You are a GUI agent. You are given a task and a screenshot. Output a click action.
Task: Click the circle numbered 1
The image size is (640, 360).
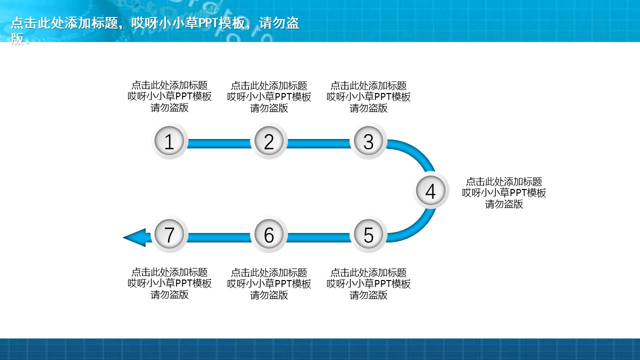169,141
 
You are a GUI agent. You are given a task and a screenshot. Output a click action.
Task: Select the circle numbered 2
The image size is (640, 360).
269,141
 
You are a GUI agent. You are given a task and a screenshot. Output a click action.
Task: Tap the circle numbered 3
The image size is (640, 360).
368,141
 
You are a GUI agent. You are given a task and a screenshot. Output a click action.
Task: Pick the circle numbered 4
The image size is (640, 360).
430,190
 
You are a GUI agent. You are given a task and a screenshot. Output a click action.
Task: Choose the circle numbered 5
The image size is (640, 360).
368,234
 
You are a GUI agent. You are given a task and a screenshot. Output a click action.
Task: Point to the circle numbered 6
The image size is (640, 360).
269,234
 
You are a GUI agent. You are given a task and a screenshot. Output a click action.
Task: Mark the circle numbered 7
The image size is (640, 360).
169,234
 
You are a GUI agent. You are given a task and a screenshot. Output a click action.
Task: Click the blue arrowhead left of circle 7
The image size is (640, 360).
134,237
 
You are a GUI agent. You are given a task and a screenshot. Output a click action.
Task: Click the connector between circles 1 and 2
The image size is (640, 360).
219,143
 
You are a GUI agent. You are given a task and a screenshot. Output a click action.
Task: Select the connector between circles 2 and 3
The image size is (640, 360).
318,143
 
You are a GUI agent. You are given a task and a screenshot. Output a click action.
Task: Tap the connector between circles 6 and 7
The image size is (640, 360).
219,237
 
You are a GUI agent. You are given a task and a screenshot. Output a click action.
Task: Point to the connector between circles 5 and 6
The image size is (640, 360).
318,237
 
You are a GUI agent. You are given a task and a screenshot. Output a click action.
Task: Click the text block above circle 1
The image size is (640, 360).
169,96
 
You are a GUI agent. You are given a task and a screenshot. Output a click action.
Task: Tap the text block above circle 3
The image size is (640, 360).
368,97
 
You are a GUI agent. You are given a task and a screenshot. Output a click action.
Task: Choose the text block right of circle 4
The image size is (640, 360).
504,193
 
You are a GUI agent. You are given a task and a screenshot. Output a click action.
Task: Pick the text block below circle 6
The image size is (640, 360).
269,283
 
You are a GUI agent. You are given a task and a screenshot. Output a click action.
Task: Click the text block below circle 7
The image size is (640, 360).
169,283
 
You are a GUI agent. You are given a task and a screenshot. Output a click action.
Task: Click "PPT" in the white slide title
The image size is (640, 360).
208,23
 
